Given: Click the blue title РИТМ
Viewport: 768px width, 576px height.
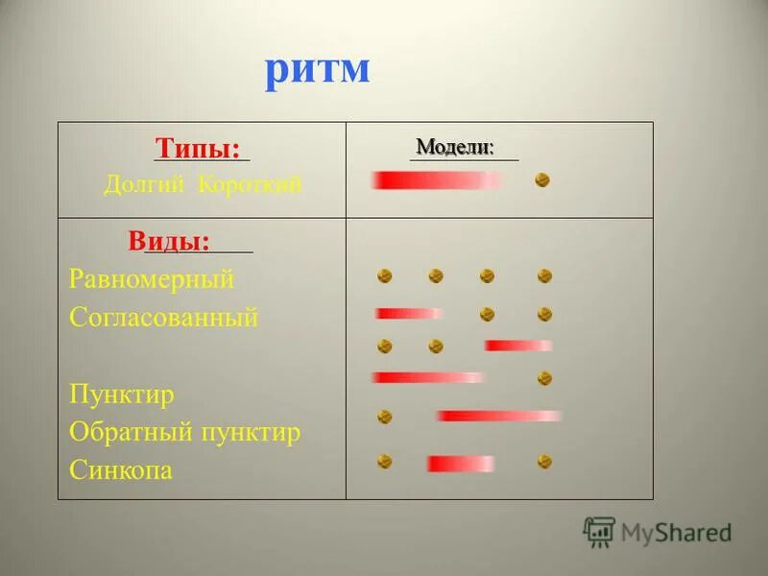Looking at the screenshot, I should point(317,71).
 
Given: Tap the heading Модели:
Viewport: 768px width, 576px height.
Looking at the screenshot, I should point(455,147).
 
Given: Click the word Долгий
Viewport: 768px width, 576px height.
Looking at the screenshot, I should point(144,185).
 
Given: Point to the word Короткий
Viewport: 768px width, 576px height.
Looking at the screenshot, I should point(250,185).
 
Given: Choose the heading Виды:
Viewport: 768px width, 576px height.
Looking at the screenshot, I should point(169,242).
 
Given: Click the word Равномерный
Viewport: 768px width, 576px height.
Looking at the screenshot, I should point(152,279).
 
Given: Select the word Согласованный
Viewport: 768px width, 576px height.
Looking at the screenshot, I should point(163,318).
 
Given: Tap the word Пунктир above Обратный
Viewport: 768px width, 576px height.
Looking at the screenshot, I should point(121,395).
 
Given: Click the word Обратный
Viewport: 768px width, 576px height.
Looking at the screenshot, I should point(130,433).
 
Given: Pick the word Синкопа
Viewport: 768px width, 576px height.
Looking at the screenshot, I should point(121,470).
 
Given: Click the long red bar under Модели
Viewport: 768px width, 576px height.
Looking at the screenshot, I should point(437,180).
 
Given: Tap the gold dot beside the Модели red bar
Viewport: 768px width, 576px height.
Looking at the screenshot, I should point(542,180).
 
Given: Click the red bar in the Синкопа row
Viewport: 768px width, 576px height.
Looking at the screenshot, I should point(460,464).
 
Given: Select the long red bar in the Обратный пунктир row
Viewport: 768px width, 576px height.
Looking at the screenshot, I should point(498,417).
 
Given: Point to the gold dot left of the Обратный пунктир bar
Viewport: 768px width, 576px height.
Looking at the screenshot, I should point(385,417).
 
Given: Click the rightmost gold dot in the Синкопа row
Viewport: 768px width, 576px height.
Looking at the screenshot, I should point(544,462).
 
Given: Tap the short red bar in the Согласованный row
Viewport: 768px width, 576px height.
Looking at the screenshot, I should point(409,314).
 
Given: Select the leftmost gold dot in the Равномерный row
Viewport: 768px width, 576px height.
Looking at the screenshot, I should point(385,276).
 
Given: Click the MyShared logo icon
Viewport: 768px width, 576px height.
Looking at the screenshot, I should point(599,532).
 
